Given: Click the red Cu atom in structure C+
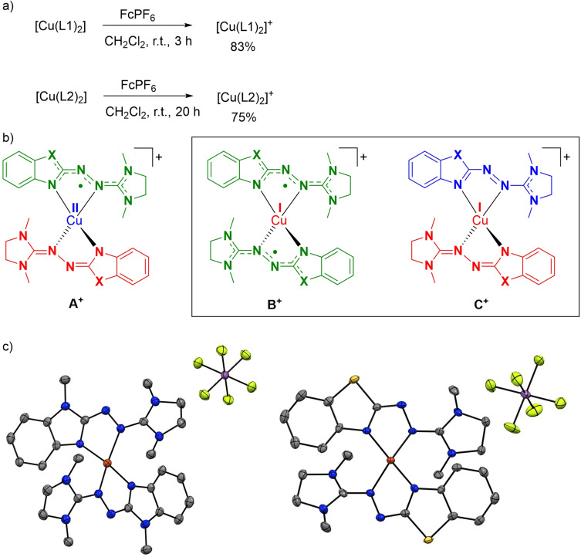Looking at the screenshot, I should (x=479, y=222).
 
